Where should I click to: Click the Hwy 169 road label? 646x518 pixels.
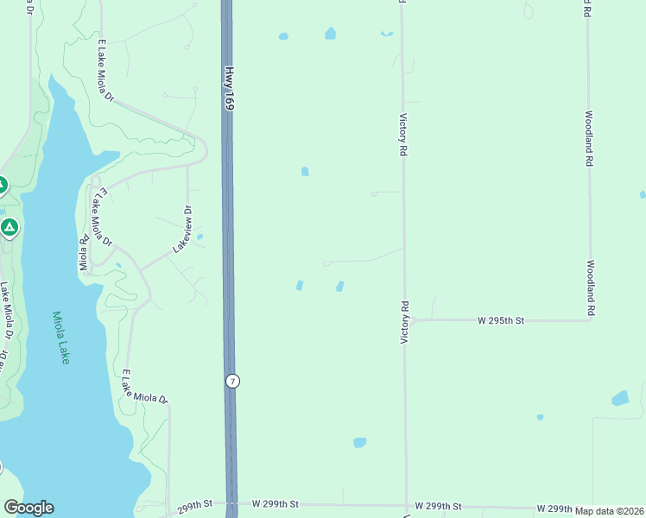coord(229,89)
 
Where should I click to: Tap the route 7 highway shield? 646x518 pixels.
coord(231,381)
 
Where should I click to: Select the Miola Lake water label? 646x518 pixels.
coord(60,338)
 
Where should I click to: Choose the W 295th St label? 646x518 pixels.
coord(501,320)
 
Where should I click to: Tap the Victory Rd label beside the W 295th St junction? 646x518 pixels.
coord(403,323)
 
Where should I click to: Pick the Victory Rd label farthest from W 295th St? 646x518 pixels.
coord(402,135)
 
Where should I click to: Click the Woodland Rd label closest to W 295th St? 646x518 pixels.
coord(592,287)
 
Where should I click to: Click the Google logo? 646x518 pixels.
coord(28,508)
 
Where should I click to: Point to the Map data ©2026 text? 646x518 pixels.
coord(610,511)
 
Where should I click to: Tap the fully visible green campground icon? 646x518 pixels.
coord(9,228)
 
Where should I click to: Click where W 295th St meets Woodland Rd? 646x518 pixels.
coord(590,319)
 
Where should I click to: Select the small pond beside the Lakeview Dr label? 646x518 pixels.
coord(199,236)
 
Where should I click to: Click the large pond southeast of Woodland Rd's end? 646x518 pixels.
coord(620,399)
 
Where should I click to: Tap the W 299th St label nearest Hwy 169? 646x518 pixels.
coord(275,503)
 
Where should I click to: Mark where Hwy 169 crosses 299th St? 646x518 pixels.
coord(231,502)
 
